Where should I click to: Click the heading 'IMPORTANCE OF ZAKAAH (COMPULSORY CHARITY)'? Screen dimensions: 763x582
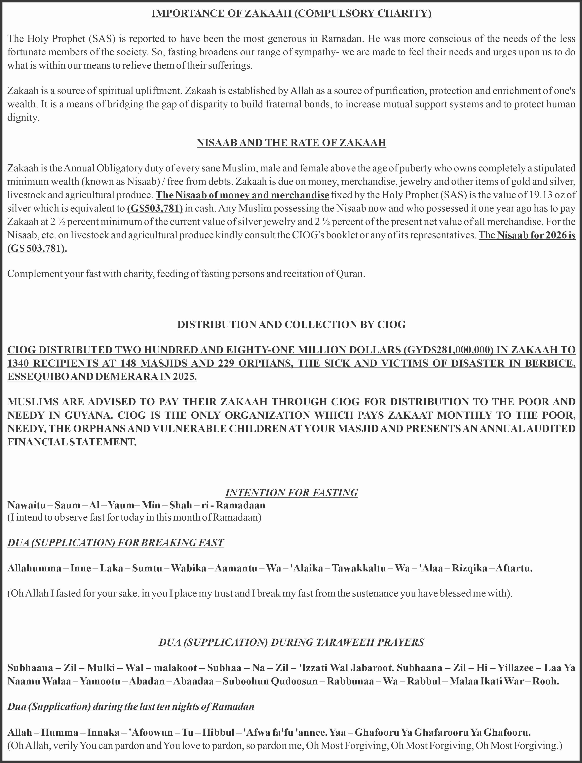(291, 13)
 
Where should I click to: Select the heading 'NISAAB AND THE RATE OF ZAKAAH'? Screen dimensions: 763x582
(291, 143)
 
